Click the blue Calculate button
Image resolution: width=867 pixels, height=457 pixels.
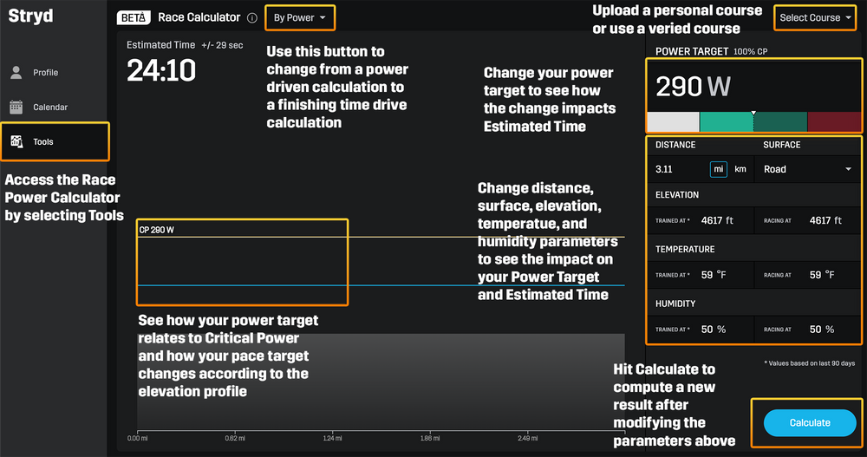pyautogui.click(x=810, y=422)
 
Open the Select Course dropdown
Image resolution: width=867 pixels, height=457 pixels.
pyautogui.click(x=815, y=17)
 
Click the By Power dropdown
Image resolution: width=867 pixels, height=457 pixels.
pyautogui.click(x=300, y=17)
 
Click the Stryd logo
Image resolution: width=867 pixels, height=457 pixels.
pyautogui.click(x=31, y=16)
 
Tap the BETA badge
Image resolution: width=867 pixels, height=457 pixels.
pyautogui.click(x=134, y=17)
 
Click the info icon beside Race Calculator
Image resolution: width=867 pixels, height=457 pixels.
pyautogui.click(x=252, y=17)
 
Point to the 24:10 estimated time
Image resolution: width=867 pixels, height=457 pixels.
pyautogui.click(x=161, y=70)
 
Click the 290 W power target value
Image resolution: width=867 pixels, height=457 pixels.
pyautogui.click(x=693, y=87)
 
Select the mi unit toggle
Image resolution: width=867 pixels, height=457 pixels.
pyautogui.click(x=718, y=169)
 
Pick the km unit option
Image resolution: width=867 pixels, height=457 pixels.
pyautogui.click(x=740, y=169)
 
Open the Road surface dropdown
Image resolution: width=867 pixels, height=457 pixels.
pyautogui.click(x=807, y=169)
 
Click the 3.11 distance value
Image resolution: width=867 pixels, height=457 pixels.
pyautogui.click(x=664, y=169)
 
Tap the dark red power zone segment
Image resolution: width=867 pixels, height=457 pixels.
pyautogui.click(x=834, y=121)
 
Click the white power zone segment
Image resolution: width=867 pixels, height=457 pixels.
pyautogui.click(x=673, y=121)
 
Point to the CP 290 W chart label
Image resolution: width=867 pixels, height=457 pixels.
pyautogui.click(x=156, y=230)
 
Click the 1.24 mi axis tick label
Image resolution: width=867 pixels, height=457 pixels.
pyautogui.click(x=332, y=438)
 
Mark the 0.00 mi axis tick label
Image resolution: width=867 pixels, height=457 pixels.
pyautogui.click(x=137, y=438)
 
